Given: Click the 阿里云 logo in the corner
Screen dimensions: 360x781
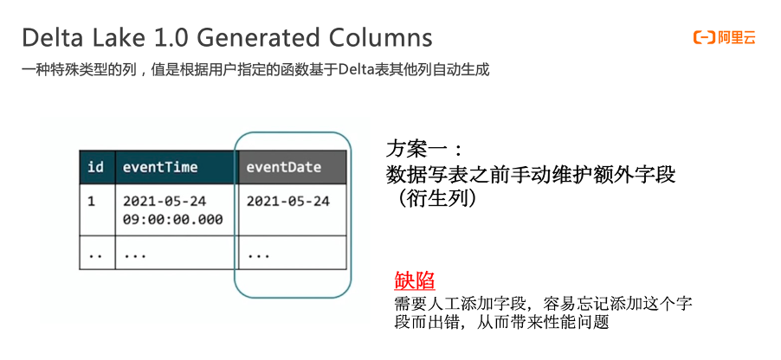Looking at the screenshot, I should (x=723, y=37).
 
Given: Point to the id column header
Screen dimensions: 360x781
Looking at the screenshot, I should (x=96, y=167).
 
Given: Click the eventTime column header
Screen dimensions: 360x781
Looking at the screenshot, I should (x=160, y=167).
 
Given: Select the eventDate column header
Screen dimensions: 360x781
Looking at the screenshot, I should (x=284, y=167).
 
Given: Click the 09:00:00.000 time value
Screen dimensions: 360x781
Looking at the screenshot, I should (x=173, y=220).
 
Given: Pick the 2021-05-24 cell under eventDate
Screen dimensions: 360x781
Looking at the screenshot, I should (x=288, y=201).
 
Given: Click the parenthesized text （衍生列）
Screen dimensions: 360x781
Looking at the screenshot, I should (x=432, y=198).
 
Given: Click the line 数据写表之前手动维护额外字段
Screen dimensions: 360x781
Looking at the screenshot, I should (x=530, y=174).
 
